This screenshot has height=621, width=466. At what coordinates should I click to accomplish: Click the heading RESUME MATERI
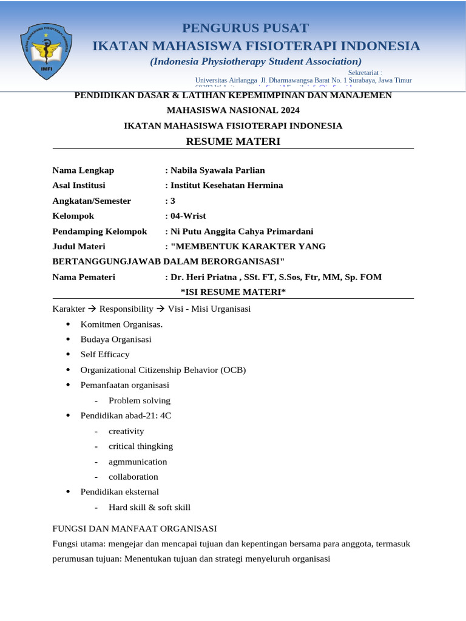point(233,141)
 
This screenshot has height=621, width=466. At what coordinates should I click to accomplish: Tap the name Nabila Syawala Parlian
point(217,170)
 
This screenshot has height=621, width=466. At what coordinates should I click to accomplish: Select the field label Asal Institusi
point(79,186)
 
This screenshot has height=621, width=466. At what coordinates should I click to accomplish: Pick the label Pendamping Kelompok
point(100,231)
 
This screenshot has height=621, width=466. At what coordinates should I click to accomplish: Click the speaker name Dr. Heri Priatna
point(205,277)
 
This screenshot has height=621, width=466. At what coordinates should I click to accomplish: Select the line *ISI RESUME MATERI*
point(233,292)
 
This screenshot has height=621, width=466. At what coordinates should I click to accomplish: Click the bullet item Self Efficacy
point(105,354)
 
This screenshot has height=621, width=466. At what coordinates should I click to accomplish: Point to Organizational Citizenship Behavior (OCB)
point(163,369)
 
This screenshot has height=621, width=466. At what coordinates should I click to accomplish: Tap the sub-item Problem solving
point(140,400)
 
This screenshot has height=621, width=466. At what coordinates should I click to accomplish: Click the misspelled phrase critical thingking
point(141,446)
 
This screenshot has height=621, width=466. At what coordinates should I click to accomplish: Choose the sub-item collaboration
point(133,477)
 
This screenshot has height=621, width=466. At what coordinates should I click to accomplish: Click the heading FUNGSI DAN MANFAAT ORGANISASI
point(135,529)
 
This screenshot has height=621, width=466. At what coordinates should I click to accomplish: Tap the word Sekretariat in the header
point(364,73)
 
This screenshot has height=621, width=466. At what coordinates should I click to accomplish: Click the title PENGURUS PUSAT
point(245,28)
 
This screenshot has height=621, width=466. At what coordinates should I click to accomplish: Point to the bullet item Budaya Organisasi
point(116,339)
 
